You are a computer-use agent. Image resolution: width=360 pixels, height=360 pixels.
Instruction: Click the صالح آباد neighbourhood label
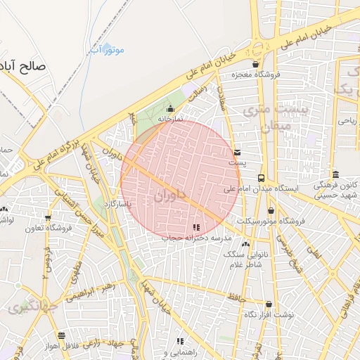click(24, 67)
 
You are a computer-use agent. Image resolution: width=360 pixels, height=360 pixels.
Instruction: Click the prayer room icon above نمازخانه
click(170, 109)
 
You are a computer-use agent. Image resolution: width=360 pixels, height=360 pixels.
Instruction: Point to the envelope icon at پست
click(237, 152)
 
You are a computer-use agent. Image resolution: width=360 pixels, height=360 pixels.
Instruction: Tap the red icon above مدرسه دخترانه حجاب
click(196, 227)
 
